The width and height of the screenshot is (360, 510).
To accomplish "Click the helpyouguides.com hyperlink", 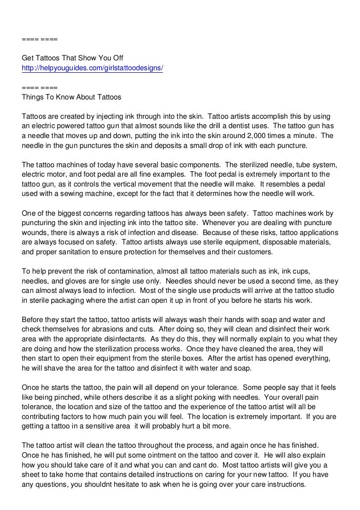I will point(92,67).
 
